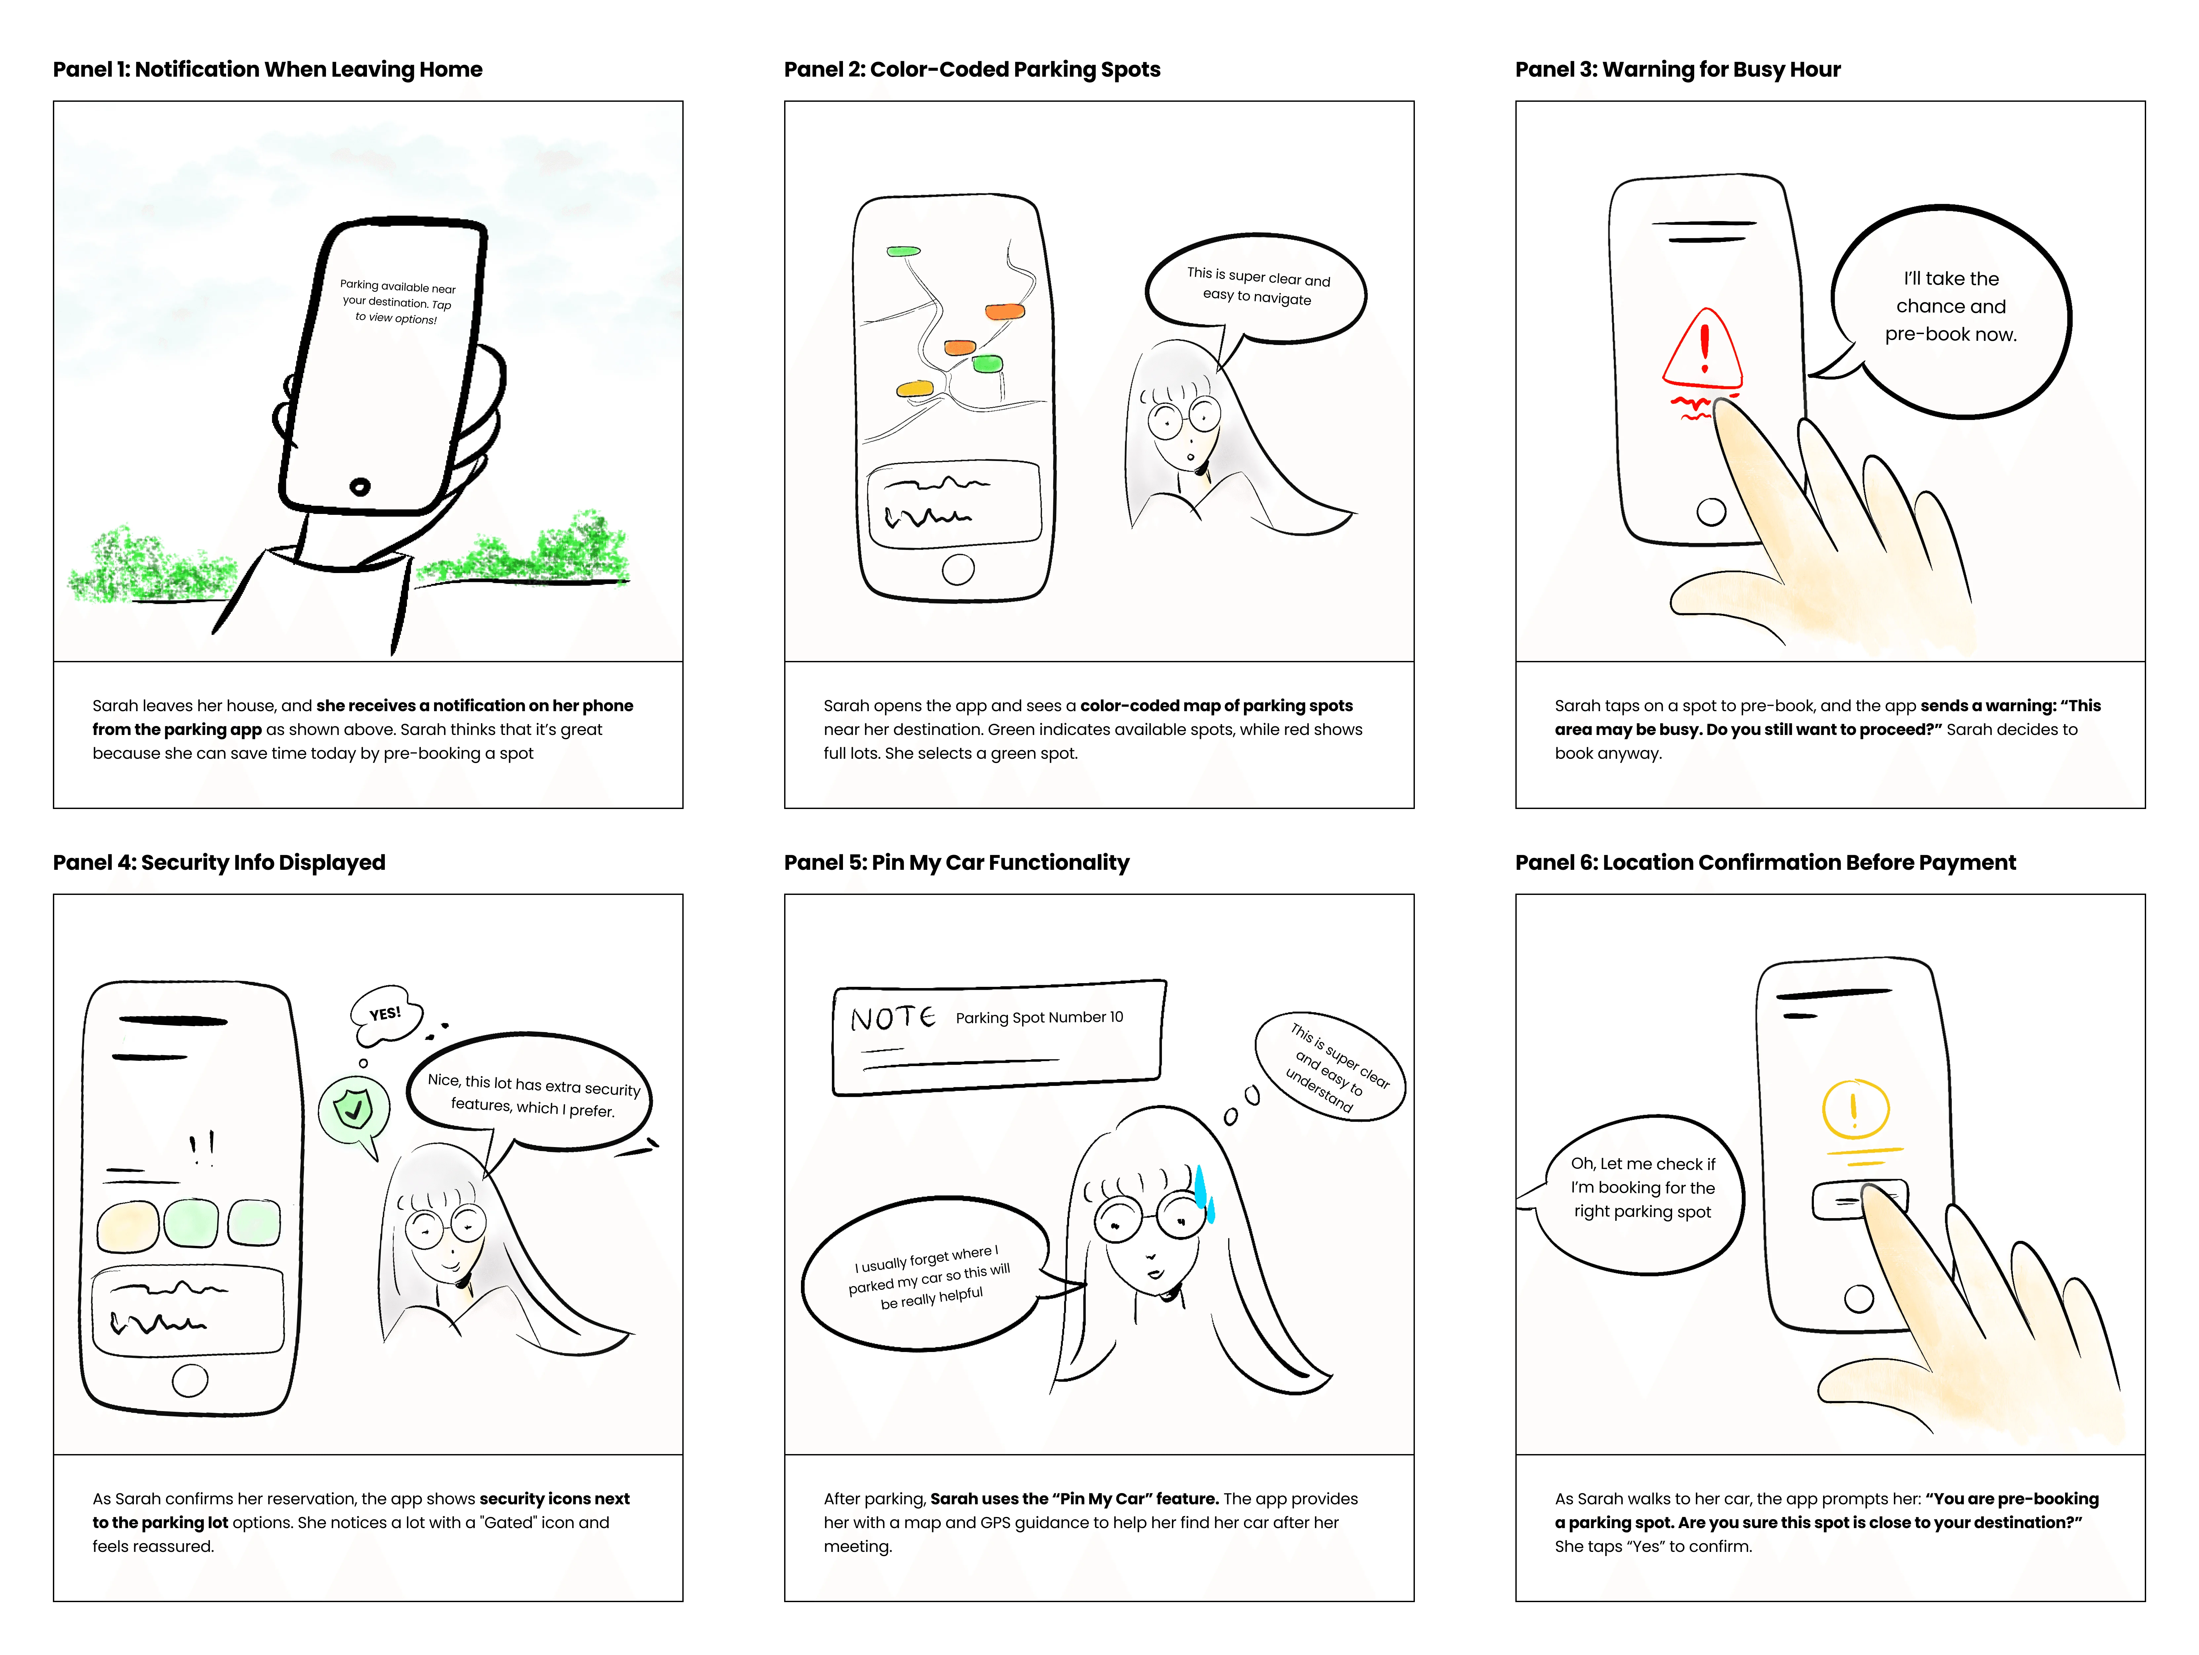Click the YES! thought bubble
pyautogui.click(x=386, y=1014)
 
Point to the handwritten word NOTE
pyautogui.click(x=892, y=1018)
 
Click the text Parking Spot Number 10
pyautogui.click(x=1039, y=1017)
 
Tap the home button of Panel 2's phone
pyautogui.click(x=957, y=569)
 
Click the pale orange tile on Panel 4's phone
pyautogui.click(x=127, y=1226)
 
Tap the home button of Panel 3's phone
pyautogui.click(x=1710, y=512)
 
